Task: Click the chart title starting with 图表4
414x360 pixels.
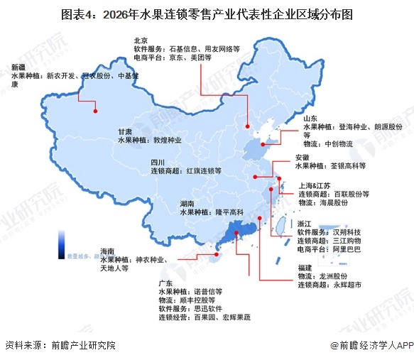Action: click(207, 13)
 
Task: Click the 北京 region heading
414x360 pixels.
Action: click(141, 40)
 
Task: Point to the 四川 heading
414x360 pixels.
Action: click(158, 162)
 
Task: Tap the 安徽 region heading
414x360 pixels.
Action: click(301, 157)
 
